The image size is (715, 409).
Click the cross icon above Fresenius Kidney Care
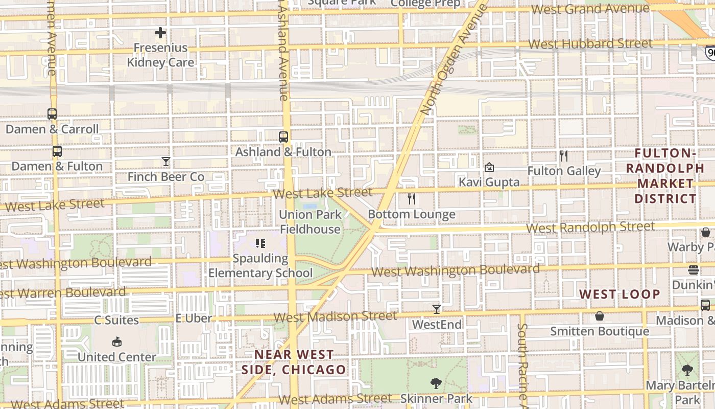tap(160, 33)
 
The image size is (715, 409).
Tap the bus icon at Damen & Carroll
tap(52, 114)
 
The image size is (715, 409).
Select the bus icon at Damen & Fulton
tap(57, 151)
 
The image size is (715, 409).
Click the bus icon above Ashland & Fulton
tap(283, 137)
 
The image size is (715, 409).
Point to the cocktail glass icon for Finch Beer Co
tap(166, 162)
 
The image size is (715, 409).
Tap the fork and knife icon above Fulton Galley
tap(564, 156)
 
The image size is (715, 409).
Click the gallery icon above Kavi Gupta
tap(489, 167)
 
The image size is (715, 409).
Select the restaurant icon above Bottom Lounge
tap(412, 199)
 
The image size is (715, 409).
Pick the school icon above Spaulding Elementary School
tap(260, 243)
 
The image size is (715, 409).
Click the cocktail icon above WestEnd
tap(437, 309)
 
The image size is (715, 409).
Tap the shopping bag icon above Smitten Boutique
tap(600, 316)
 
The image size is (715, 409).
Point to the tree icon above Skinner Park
tap(436, 383)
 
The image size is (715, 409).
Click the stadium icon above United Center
tap(117, 342)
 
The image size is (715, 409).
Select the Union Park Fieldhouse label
tap(310, 222)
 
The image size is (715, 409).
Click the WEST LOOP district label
tap(620, 294)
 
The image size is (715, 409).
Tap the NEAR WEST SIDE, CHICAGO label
tap(294, 362)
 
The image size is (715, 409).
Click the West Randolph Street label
tap(590, 226)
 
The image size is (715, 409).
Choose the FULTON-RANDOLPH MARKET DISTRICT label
tap(666, 176)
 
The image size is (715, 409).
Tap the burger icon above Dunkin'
tap(694, 269)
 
